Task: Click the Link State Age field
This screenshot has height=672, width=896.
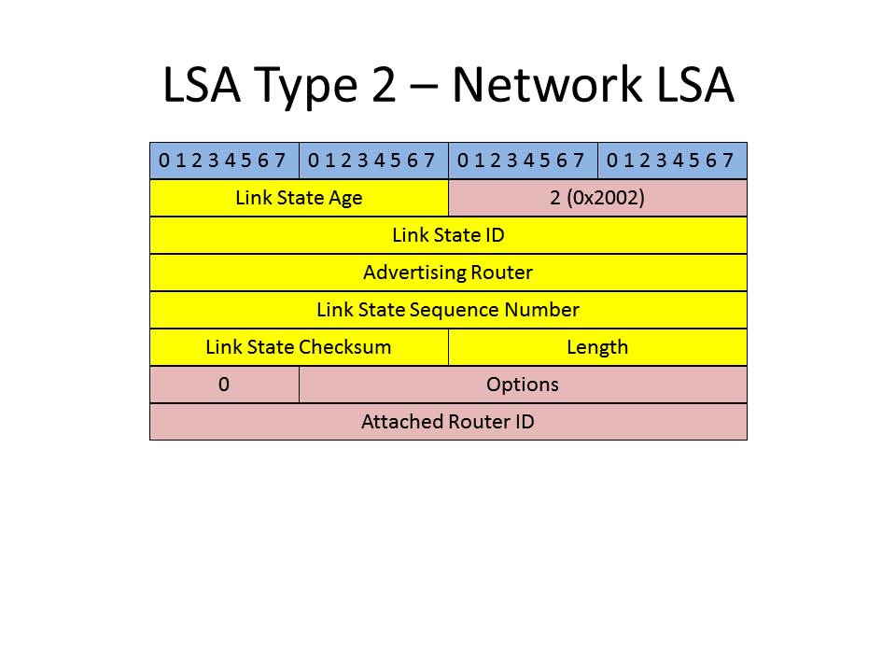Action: click(299, 198)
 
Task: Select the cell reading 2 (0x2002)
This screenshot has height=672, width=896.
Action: click(597, 198)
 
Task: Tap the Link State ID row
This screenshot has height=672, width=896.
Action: click(449, 235)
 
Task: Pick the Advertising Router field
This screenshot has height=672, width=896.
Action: click(449, 273)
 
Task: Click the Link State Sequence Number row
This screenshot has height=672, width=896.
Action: click(449, 310)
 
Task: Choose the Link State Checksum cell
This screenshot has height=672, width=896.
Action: click(299, 347)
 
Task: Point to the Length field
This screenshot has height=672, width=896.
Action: click(597, 347)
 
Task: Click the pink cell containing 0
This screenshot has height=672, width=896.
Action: click(224, 385)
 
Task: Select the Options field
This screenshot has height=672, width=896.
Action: click(523, 385)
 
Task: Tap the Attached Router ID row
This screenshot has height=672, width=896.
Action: click(449, 422)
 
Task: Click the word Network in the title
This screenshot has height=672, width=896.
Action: click(547, 85)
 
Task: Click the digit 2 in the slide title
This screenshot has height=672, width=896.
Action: click(384, 85)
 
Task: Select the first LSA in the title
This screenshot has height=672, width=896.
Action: click(202, 85)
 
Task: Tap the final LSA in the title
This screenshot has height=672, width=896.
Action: click(695, 85)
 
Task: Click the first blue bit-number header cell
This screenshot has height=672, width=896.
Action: click(224, 161)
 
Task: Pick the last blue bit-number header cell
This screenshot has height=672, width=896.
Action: click(673, 161)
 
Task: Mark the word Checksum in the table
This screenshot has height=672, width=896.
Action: click(345, 347)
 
